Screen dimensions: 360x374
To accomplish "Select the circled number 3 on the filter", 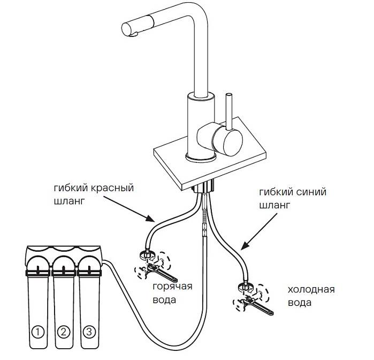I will point(89,332).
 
